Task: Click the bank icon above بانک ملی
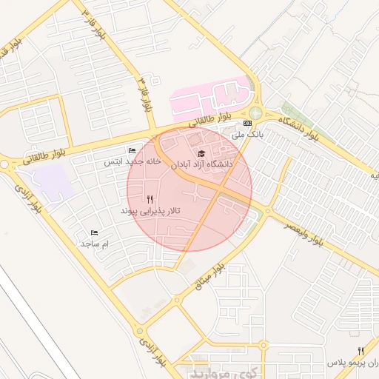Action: (247, 123)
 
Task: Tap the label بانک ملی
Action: (247, 135)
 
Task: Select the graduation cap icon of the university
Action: (201, 152)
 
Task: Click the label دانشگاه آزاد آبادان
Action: (202, 164)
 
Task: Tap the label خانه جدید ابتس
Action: (133, 161)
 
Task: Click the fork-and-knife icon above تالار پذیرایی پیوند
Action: (150, 198)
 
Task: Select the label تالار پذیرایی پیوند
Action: (150, 211)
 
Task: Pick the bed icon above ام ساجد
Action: (94, 232)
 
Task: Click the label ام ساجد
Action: (95, 244)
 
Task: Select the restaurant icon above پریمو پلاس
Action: (360, 351)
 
